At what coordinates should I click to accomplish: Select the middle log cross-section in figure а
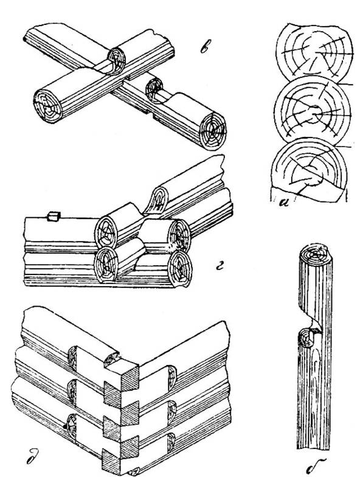click(x=313, y=111)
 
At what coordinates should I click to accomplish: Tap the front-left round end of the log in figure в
click(x=47, y=106)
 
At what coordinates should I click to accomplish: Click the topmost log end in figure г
click(x=159, y=201)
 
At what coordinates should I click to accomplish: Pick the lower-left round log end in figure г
click(x=105, y=263)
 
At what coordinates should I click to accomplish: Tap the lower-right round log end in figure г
click(x=180, y=268)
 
